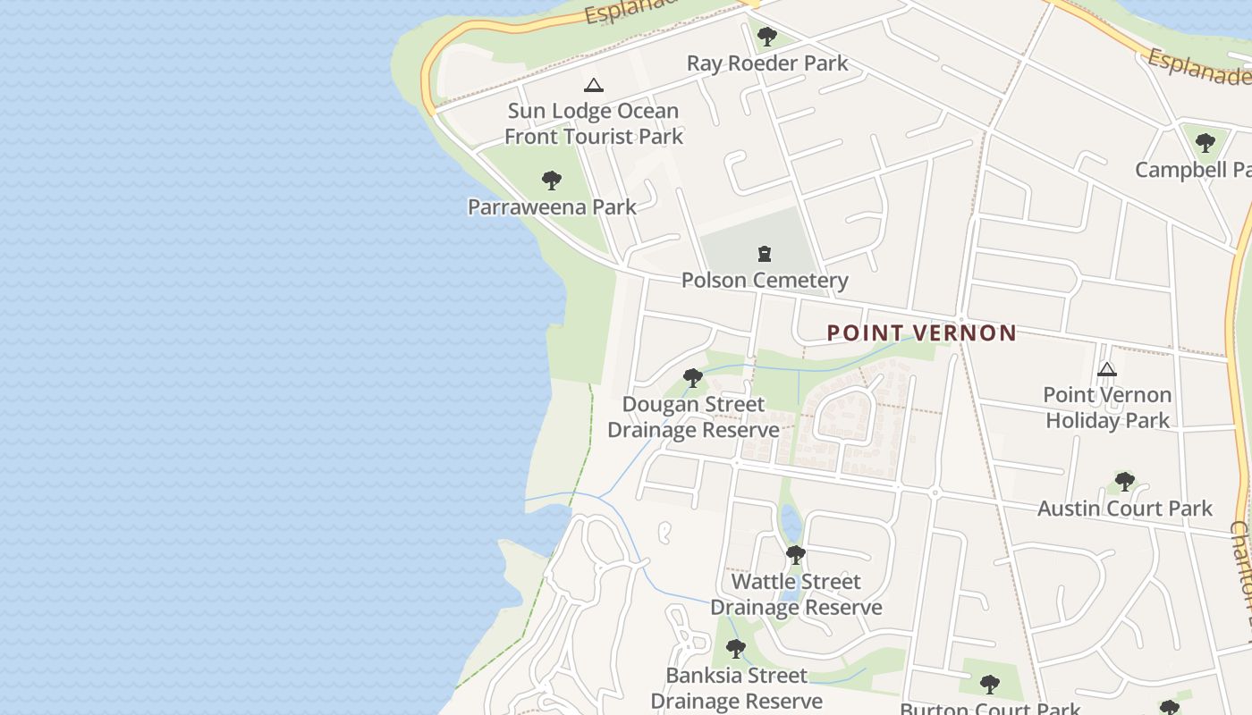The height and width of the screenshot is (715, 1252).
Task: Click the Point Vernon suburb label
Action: (x=921, y=333)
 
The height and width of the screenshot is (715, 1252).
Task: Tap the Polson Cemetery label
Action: (x=764, y=280)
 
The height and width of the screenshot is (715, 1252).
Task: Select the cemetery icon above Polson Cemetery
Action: (x=765, y=254)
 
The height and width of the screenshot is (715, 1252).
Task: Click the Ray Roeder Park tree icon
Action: (x=766, y=37)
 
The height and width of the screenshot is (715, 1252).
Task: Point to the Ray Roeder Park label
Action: (x=766, y=63)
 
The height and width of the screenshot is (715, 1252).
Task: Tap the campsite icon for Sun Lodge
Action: (x=593, y=86)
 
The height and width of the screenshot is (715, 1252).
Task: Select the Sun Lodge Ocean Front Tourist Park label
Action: (x=593, y=123)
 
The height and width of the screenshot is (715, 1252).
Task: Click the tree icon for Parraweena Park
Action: (x=552, y=181)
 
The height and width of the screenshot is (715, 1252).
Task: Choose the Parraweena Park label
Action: (x=552, y=207)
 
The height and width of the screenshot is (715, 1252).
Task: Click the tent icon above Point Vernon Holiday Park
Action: (x=1106, y=369)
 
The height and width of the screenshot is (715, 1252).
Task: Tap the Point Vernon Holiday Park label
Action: (x=1107, y=408)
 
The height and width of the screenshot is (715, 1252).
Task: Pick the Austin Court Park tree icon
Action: (x=1124, y=482)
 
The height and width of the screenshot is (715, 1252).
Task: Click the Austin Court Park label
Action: (x=1124, y=509)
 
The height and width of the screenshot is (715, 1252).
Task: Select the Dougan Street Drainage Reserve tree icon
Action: (x=692, y=378)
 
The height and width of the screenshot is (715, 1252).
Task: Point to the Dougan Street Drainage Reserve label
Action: (x=693, y=417)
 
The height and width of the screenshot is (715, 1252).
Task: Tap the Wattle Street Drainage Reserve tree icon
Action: (x=795, y=555)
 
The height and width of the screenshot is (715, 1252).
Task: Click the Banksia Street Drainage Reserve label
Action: (x=736, y=687)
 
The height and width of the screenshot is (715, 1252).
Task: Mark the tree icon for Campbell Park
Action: (x=1205, y=142)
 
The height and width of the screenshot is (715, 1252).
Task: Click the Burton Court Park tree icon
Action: (x=989, y=685)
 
